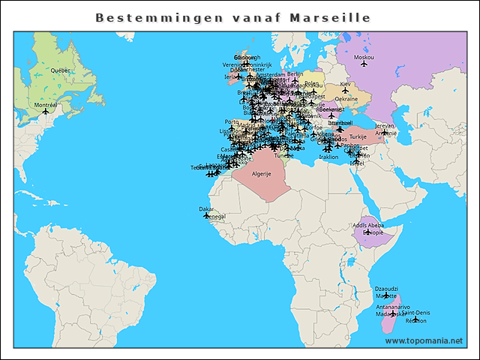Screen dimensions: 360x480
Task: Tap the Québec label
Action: [x=60, y=70]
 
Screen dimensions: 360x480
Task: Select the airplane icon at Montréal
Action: [x=46, y=111]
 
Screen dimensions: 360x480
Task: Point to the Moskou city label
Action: [x=364, y=57]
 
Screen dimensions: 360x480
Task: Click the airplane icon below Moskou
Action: [x=364, y=64]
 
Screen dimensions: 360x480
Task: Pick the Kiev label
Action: [x=345, y=84]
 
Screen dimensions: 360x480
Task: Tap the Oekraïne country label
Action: [x=346, y=99]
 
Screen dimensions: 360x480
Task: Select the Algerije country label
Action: [x=261, y=173]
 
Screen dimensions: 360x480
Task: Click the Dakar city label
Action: [x=205, y=209]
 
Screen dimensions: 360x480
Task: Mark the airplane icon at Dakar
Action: [x=207, y=215]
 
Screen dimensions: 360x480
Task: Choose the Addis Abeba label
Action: [x=367, y=225]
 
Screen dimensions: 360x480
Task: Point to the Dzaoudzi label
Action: [x=385, y=289]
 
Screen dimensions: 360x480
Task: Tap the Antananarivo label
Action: [x=393, y=307]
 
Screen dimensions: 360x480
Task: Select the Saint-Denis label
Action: [x=415, y=312]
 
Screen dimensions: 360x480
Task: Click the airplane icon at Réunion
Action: [x=415, y=319]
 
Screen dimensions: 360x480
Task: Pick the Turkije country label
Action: [x=358, y=137]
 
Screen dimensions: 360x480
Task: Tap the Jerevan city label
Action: [x=384, y=126]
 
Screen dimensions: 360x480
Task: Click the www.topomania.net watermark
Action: [x=424, y=340]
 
